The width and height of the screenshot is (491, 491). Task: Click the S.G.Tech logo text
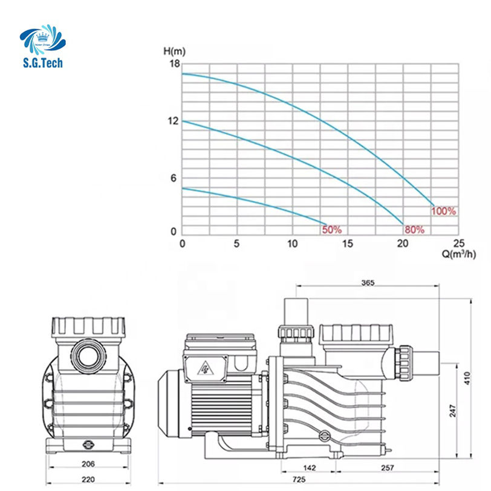point(43,63)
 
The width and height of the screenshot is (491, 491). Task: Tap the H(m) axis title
point(174,51)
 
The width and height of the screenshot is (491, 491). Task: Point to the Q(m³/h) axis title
point(459,254)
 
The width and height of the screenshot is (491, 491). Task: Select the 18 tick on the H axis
point(175,63)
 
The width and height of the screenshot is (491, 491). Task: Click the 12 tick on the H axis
point(173,121)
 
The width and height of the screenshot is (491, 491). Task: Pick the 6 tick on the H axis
point(174,178)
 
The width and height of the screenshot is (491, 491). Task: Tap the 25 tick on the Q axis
point(459,243)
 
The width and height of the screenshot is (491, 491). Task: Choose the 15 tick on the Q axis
point(347,243)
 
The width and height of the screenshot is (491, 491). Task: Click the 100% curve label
point(443,211)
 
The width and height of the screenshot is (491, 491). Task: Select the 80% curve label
point(414,230)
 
